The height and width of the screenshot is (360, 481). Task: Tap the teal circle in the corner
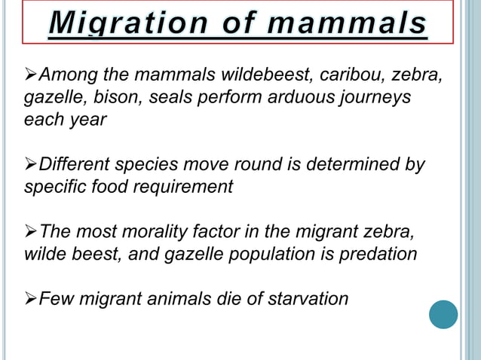443,314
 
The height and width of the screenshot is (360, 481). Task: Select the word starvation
305,298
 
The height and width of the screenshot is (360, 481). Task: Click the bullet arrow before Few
30,298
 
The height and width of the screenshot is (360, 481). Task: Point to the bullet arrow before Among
30,75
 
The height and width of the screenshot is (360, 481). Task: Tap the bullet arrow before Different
30,164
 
